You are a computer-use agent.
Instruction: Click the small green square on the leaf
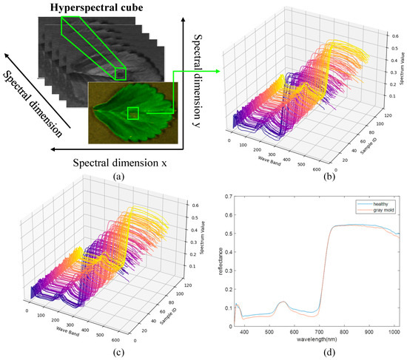(x=132, y=113)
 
